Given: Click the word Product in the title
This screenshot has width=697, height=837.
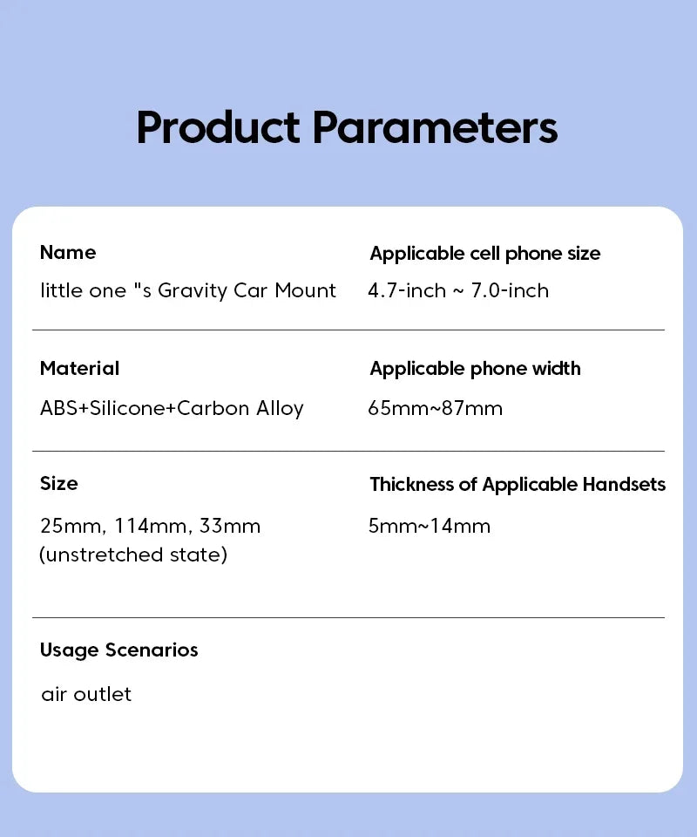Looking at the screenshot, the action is (218, 127).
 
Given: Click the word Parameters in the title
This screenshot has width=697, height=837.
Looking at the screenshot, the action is (435, 127).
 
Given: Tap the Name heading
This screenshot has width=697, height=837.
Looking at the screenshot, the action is (68, 253).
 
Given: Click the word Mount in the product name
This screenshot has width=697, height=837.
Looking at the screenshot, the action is (305, 290).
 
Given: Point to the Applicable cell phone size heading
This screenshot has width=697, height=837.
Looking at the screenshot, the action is (484, 254).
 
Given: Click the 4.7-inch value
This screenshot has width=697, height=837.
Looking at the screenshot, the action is (407, 290).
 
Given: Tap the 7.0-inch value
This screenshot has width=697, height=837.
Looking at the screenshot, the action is (510, 290).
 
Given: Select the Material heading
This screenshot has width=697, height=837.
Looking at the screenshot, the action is (79, 368).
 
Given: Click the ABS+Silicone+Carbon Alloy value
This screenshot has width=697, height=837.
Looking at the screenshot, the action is (172, 408).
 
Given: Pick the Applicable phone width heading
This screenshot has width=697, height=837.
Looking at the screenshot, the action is (475, 369).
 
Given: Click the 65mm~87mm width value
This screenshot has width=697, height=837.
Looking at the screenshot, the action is (435, 408).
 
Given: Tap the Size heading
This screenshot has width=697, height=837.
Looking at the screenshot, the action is (58, 484).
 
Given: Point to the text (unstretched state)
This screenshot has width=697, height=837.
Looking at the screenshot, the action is (133, 555).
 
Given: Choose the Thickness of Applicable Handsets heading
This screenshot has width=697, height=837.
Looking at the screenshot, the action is (518, 485).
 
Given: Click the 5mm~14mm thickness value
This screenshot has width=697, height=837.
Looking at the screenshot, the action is (430, 526).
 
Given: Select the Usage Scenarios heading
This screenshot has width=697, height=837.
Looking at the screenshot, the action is (118, 650).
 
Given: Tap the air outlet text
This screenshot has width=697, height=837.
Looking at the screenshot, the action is (86, 695).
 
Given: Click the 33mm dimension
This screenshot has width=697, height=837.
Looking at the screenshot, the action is (230, 526).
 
